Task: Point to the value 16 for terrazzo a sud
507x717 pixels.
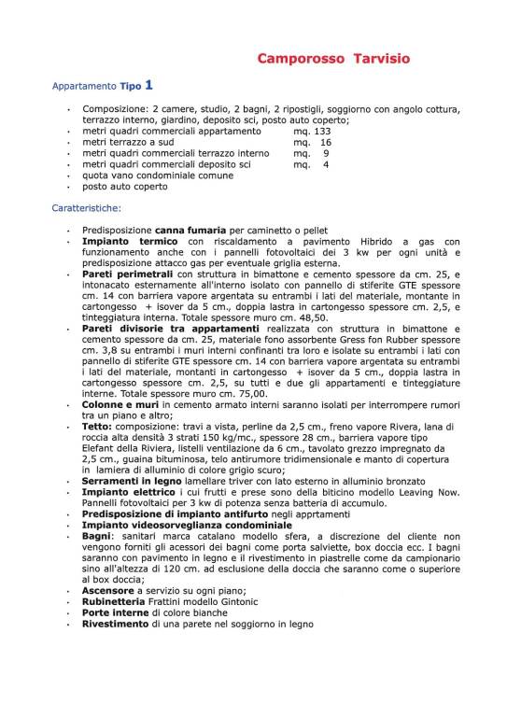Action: coord(325,142)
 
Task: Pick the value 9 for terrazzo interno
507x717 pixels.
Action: coord(326,153)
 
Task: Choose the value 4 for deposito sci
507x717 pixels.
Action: coord(326,164)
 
